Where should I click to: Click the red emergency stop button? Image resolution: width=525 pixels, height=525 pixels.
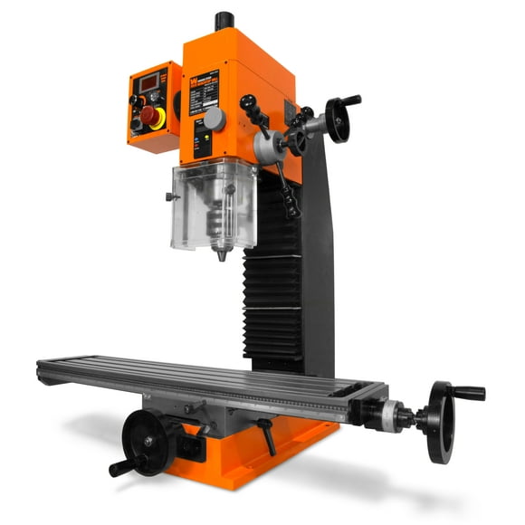coord(148,115)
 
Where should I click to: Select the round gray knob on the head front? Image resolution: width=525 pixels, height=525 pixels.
coord(214,119)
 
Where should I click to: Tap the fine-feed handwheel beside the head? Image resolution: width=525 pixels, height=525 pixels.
coord(339,120)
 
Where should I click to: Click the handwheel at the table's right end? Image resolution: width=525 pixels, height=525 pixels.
coord(441,421)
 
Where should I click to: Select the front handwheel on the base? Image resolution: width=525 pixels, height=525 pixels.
coord(148,441)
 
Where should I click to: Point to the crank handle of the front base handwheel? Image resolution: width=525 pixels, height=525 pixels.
coord(120,468)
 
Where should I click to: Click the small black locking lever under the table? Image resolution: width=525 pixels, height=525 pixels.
coord(269,436)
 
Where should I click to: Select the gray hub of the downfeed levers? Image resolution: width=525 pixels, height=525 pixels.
coord(268,145)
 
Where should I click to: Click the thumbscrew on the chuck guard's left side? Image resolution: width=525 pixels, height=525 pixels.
coord(169,196)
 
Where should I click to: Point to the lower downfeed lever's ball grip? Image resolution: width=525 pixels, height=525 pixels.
coord(292,211)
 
